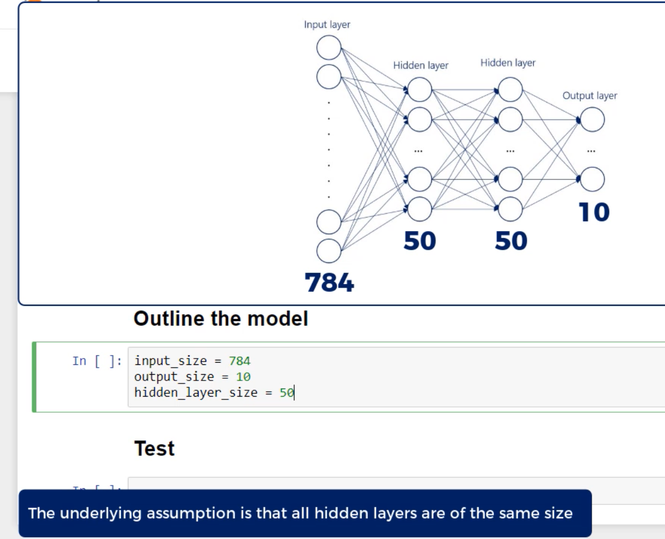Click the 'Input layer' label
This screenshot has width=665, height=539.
point(327,25)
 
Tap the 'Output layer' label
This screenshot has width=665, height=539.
point(590,96)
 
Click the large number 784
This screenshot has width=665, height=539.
point(329,282)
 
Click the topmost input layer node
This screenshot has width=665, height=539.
point(329,47)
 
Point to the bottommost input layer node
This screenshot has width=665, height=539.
point(329,251)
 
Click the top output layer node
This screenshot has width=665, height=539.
point(592,120)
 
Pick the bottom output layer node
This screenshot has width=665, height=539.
point(592,179)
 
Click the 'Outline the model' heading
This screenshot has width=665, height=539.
point(221,319)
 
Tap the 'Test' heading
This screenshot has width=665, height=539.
point(154,448)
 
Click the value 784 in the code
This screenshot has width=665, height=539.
point(240,361)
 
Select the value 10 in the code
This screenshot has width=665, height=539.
point(244,377)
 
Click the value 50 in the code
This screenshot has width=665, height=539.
point(287,393)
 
